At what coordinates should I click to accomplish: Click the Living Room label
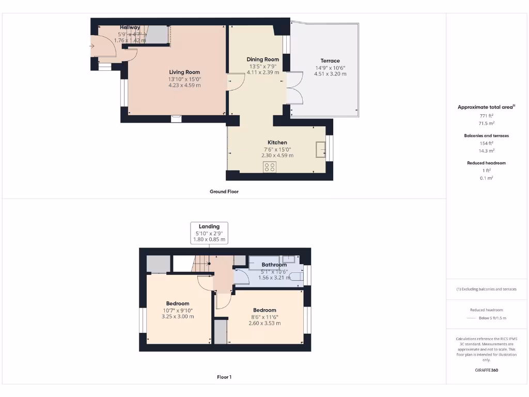pyautogui.click(x=184, y=72)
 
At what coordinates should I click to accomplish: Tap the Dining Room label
pyautogui.click(x=262, y=59)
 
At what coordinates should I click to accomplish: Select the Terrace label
pyautogui.click(x=330, y=61)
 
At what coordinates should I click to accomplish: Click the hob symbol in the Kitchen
pyautogui.click(x=269, y=166)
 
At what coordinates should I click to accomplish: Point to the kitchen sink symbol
pyautogui.click(x=320, y=149)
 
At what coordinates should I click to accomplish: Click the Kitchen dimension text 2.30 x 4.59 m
pyautogui.click(x=277, y=155)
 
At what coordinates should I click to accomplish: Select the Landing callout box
pyautogui.click(x=209, y=233)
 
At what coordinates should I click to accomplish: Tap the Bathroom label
pyautogui.click(x=274, y=265)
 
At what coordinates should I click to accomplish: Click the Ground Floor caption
pyautogui.click(x=224, y=191)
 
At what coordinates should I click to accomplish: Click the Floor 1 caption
pyautogui.click(x=224, y=377)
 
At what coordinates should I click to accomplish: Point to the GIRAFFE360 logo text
pyautogui.click(x=487, y=370)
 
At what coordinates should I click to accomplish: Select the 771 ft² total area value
pyautogui.click(x=487, y=116)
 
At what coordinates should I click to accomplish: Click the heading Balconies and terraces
pyautogui.click(x=487, y=135)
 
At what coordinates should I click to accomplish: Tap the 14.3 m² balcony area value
pyautogui.click(x=487, y=150)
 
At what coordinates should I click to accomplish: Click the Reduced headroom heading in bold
pyautogui.click(x=487, y=163)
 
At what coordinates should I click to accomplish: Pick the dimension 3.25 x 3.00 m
pyautogui.click(x=178, y=316)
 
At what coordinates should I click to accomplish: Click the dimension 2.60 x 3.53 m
pyautogui.click(x=264, y=323)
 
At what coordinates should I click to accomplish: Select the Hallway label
pyautogui.click(x=130, y=27)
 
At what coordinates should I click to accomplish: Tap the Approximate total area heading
pyautogui.click(x=486, y=107)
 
